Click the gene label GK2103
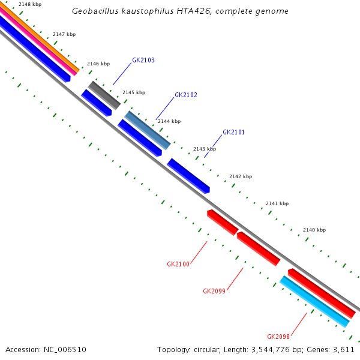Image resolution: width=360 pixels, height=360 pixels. tap(143, 60)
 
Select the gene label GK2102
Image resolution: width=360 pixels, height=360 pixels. tap(186, 95)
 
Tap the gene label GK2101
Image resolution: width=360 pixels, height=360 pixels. tap(233, 132)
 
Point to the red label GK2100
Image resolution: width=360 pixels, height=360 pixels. tap(178, 264)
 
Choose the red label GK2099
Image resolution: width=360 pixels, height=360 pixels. tap(214, 291)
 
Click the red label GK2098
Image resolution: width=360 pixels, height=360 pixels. tap(278, 337)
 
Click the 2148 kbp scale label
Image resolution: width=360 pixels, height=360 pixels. tap(30, 5)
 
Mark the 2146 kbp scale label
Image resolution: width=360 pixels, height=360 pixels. tap(98, 64)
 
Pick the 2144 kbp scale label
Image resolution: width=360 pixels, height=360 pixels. tap(169, 121)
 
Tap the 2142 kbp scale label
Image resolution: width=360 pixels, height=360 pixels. tap(241, 176)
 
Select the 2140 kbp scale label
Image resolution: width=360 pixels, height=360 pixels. tap(314, 230)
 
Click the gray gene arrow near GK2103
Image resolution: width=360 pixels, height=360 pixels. tap(104, 95)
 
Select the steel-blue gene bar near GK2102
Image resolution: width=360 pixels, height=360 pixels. tap(148, 130)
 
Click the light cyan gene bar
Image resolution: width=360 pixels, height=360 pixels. tap(314, 301)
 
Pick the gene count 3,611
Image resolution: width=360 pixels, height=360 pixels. tap(344, 349)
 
